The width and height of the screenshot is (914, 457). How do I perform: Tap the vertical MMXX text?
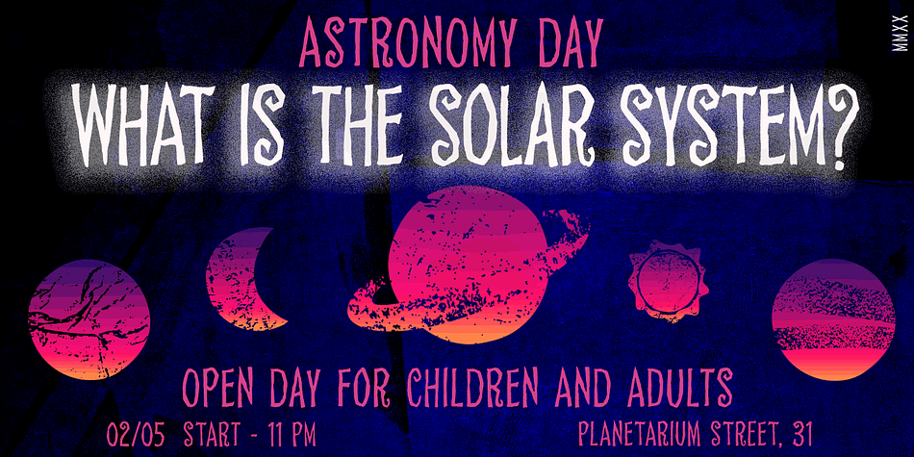902,33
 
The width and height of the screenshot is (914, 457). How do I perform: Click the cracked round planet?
89,320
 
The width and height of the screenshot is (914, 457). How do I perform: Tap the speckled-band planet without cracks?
833,320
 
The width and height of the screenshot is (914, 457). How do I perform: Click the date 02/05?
136,435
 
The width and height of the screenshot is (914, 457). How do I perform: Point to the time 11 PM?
291,435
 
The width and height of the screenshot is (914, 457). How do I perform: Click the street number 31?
800,434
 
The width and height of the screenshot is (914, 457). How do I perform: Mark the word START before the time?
212,435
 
